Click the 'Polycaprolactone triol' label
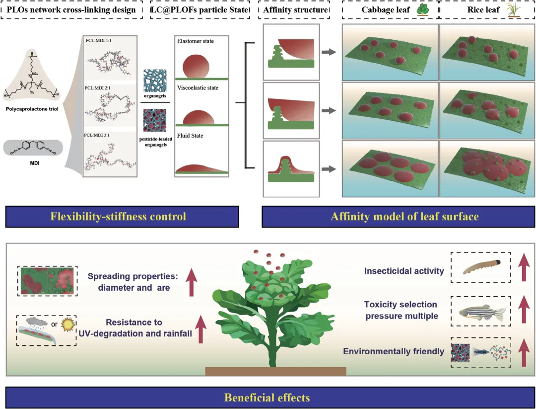[x=34, y=107]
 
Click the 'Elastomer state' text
[x=195, y=41]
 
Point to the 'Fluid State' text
[x=191, y=136]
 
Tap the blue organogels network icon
[x=156, y=80]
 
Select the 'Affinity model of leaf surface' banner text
[x=399, y=216]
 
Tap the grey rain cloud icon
[x=36, y=322]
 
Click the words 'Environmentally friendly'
[x=394, y=351]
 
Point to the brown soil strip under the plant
[x=275, y=371]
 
